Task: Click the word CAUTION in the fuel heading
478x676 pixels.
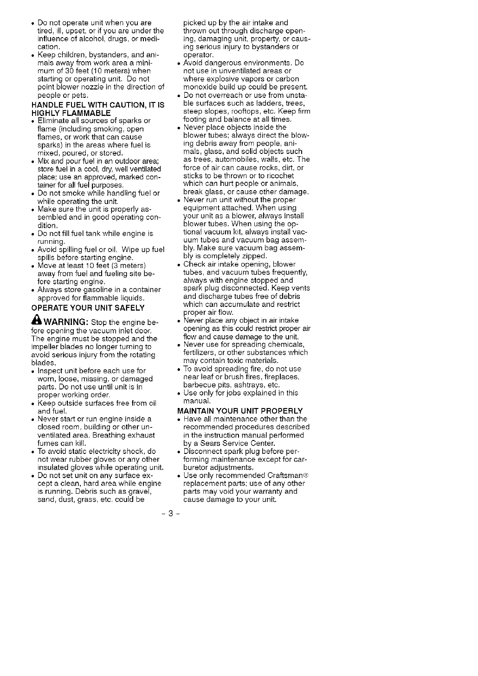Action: (126, 105)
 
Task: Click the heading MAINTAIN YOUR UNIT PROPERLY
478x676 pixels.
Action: (240, 411)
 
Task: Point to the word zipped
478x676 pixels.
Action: (253, 256)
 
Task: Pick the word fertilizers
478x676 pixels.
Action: (200, 352)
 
